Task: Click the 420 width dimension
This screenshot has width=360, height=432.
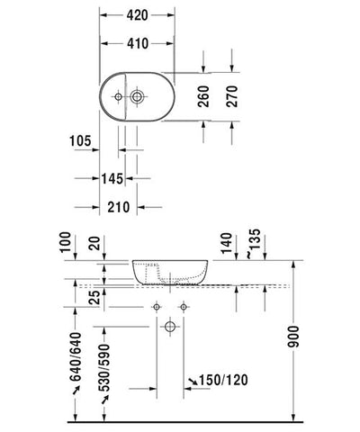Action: tap(137, 15)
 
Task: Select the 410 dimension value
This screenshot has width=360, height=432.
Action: tap(138, 44)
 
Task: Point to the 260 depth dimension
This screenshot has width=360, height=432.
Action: tap(203, 96)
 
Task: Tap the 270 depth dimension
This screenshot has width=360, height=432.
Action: tap(232, 96)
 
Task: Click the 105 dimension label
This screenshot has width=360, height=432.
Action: tap(80, 140)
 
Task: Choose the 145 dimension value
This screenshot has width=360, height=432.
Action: tap(112, 179)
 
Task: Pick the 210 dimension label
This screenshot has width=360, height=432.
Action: tap(119, 207)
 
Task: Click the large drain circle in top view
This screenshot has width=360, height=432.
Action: tap(137, 96)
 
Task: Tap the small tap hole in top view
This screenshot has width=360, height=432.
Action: tap(119, 96)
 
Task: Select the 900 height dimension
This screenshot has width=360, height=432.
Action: tap(293, 337)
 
